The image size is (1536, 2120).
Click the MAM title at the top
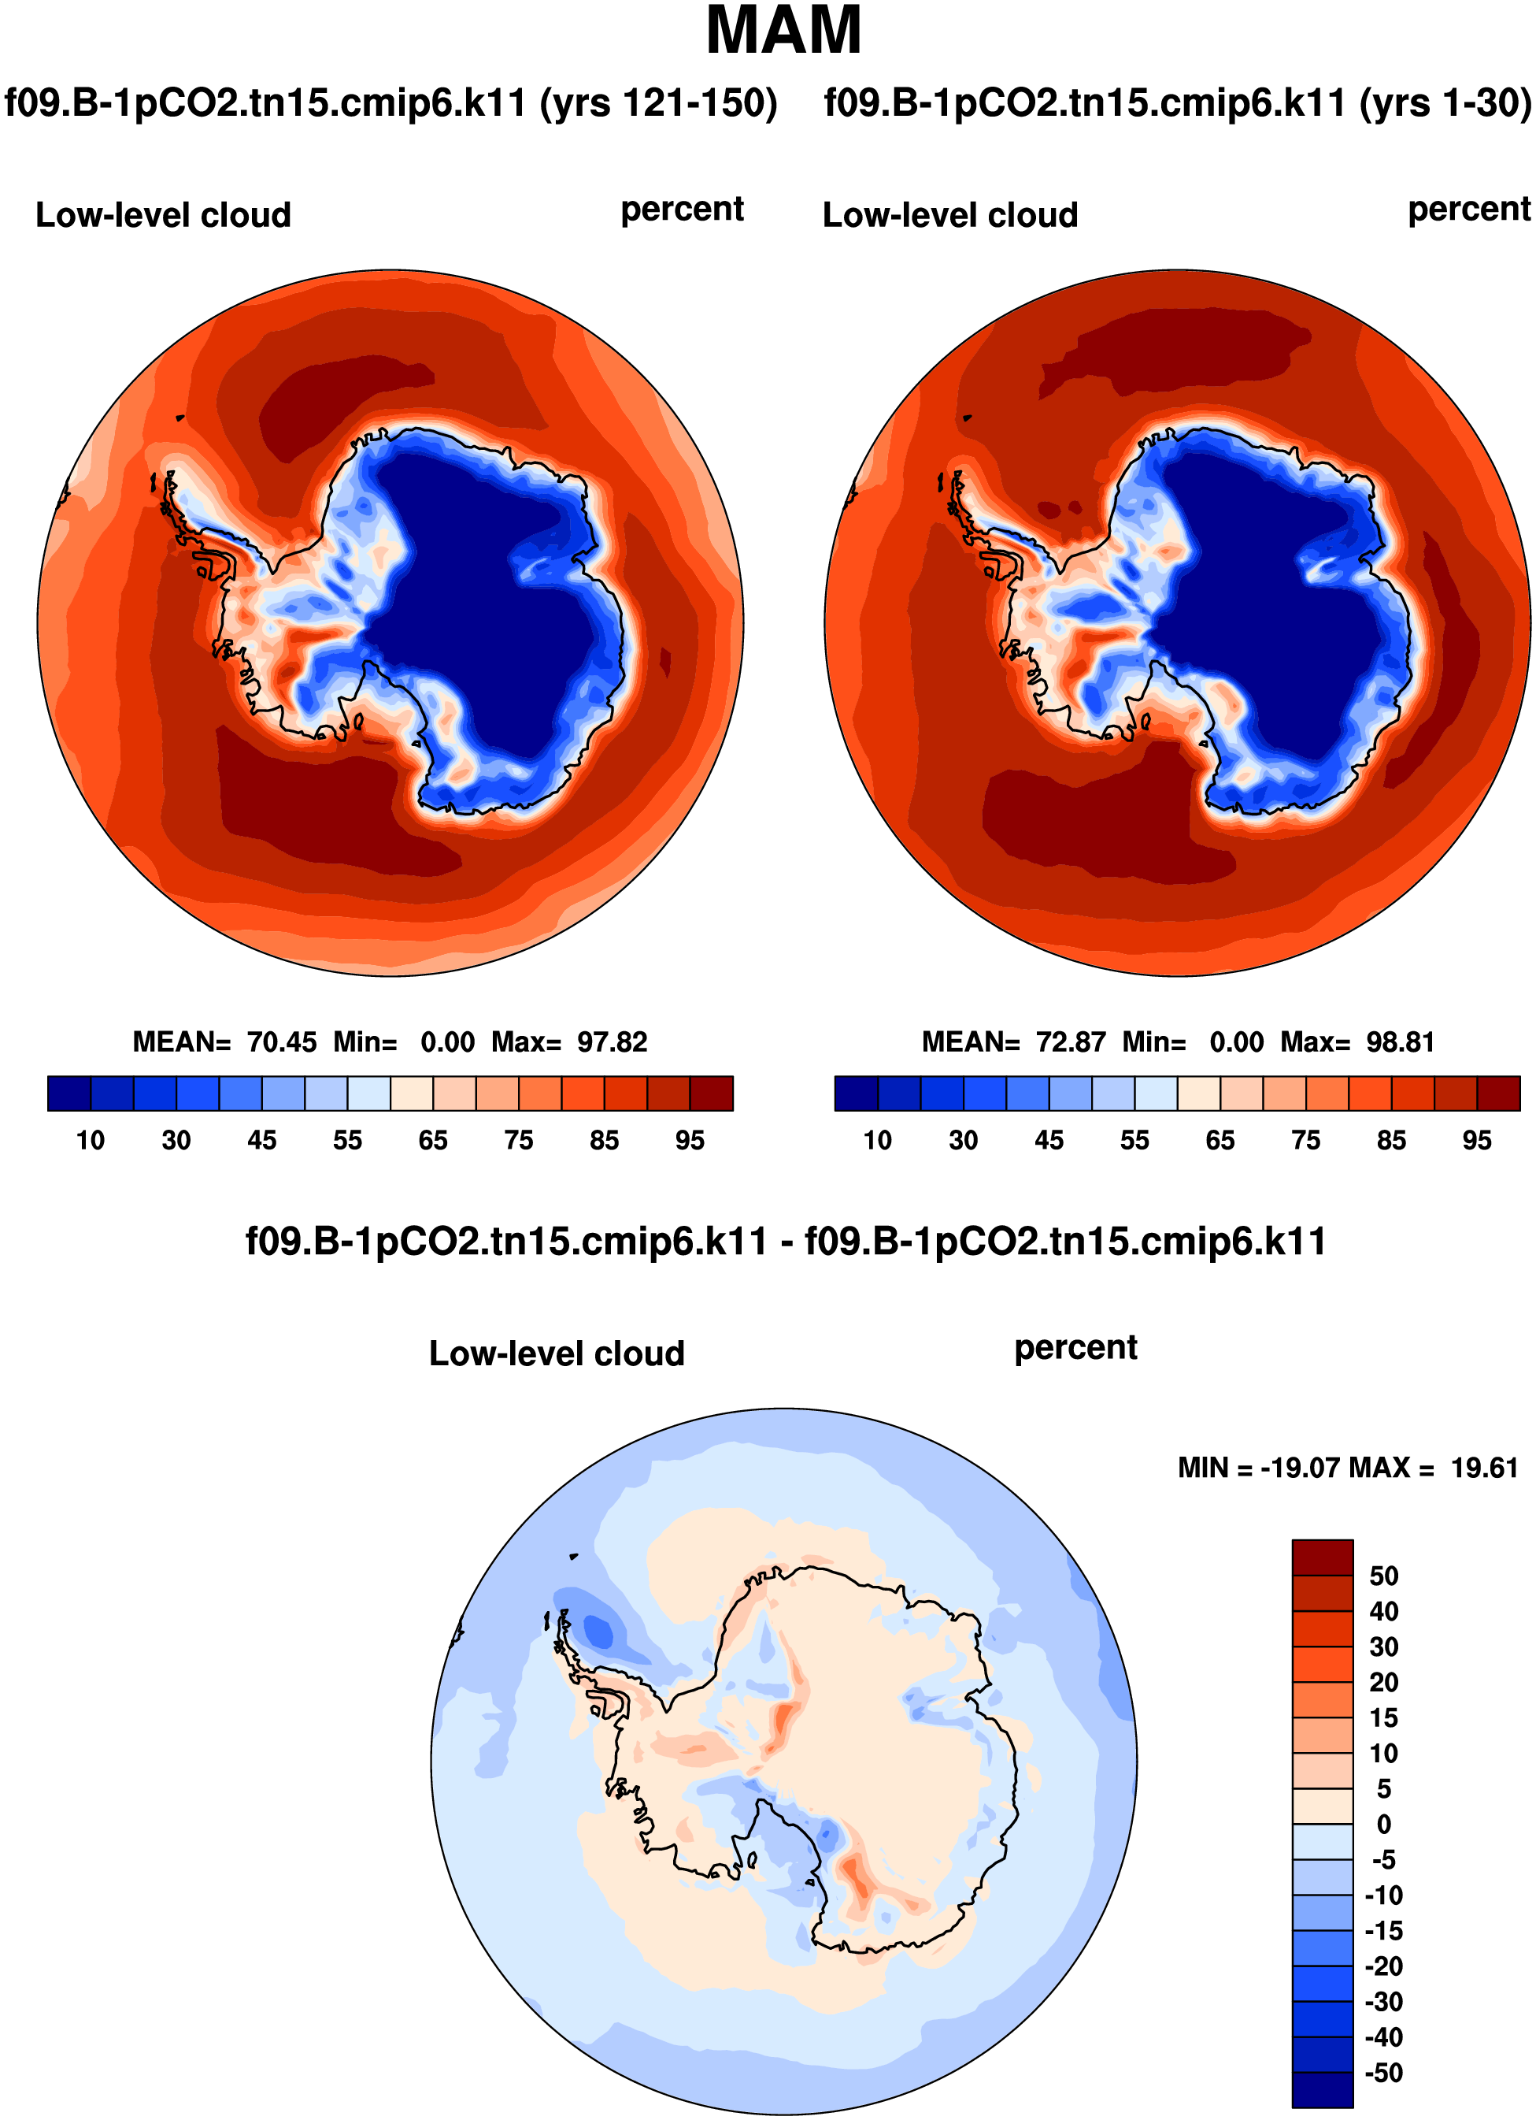(x=783, y=32)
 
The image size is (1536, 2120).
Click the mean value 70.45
(x=281, y=1041)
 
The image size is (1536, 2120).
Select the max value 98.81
(x=1400, y=1041)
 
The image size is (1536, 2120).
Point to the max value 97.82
(x=612, y=1041)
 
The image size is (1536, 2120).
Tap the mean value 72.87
(x=1071, y=1041)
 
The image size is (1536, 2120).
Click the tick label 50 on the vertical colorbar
(x=1384, y=1576)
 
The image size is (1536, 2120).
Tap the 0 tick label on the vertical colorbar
(x=1384, y=1825)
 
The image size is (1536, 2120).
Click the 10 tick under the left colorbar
(x=91, y=1141)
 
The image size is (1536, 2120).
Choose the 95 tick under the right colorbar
(x=1477, y=1141)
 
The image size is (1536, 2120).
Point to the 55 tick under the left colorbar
(x=347, y=1141)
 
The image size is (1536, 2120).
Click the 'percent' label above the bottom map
(x=1075, y=1348)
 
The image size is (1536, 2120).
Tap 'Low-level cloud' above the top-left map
(x=164, y=215)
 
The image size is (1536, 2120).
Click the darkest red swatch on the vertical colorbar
(x=1322, y=1558)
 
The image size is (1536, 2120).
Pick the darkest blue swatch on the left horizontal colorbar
(x=69, y=1093)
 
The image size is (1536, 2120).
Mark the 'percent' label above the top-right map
(x=1469, y=210)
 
